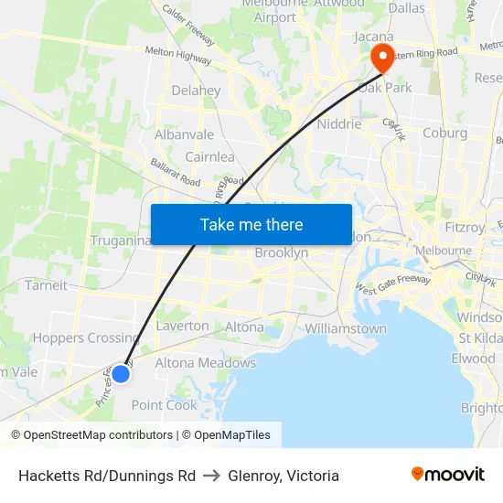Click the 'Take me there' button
point(251,225)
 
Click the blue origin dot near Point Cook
point(120,373)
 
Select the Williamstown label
point(345,328)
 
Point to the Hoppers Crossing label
point(86,337)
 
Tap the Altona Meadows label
point(205,363)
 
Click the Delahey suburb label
point(196,91)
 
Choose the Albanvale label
point(184,134)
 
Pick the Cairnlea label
point(209,156)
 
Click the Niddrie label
point(338,123)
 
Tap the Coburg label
point(444,133)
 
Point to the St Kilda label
point(480,338)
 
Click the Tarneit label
point(46,284)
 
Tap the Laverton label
point(182,326)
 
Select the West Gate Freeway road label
point(392,289)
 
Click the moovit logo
point(447,474)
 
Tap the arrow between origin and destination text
point(211,476)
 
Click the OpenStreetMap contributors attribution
point(92,435)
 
